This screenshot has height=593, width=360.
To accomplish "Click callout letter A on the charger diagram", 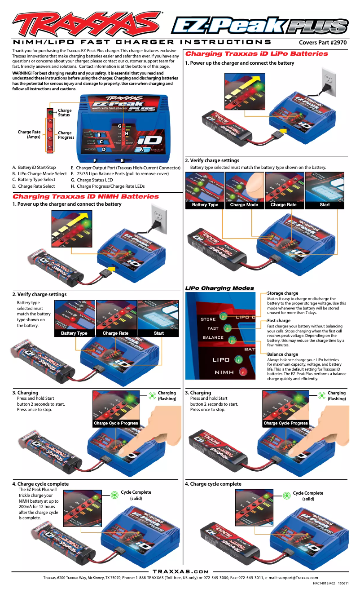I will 141,150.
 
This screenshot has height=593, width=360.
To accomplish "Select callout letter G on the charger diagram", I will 119,126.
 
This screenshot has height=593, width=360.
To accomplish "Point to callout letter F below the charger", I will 95,160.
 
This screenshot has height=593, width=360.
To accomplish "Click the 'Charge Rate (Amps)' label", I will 29,134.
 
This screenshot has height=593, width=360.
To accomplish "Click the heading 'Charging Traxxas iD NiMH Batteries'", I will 85,196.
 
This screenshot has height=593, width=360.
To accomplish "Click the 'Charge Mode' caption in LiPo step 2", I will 244,205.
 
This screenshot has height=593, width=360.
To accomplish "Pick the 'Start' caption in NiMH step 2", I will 158,333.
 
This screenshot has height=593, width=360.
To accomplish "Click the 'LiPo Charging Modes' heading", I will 220,288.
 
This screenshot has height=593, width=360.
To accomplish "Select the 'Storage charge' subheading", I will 282,293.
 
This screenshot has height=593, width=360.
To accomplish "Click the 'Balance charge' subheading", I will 282,354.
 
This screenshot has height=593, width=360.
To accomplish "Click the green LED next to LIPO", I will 238,359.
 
